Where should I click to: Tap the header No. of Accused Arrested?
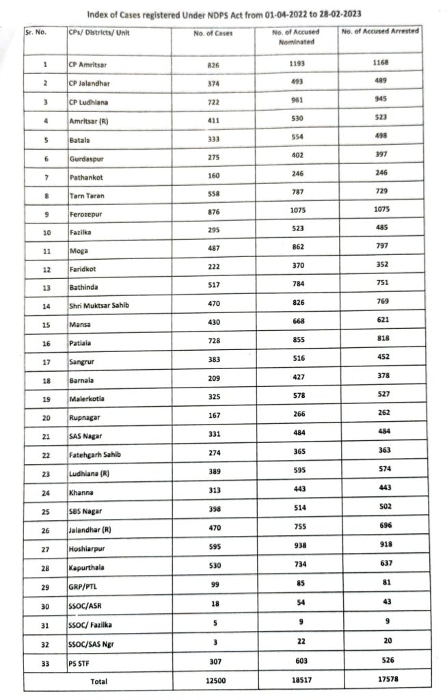pyautogui.click(x=381, y=31)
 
